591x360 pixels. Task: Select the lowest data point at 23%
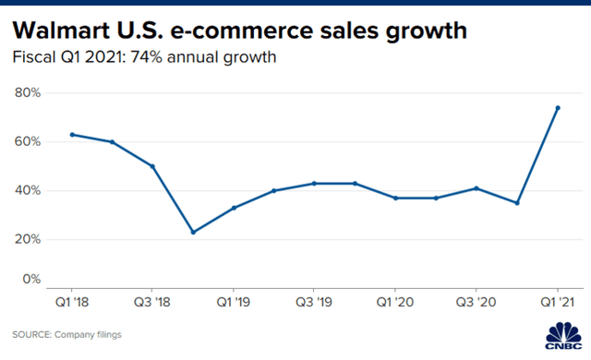click(x=193, y=232)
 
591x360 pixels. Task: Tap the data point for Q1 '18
click(x=72, y=135)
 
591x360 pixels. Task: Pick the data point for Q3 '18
click(x=152, y=166)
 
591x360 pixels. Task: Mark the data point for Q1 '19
click(x=234, y=208)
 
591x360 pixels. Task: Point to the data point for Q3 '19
click(x=315, y=183)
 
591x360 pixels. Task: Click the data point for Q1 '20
click(x=395, y=198)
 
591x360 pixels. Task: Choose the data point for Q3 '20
click(x=476, y=188)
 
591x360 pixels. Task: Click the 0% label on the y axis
click(x=31, y=278)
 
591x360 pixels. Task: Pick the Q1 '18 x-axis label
click(x=72, y=301)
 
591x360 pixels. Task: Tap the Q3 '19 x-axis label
click(x=315, y=301)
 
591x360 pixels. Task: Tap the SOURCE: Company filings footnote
click(x=66, y=333)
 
